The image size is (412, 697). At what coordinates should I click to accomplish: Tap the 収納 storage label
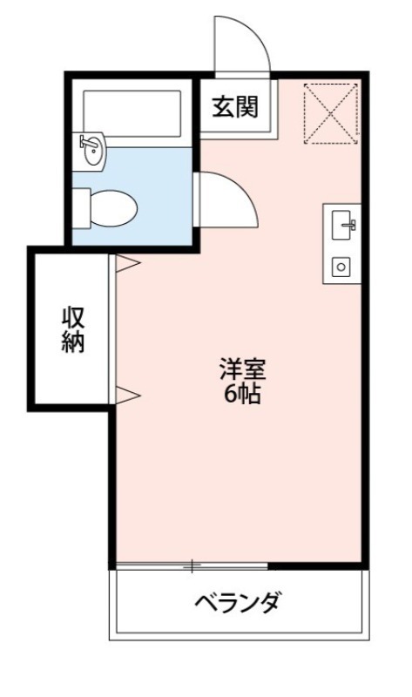point(73,329)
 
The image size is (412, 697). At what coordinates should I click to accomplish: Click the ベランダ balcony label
point(237,602)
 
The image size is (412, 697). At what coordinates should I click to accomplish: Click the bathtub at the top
point(132,112)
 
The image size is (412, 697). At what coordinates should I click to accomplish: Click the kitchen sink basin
point(342,226)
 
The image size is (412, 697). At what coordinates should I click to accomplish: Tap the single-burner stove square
point(342,266)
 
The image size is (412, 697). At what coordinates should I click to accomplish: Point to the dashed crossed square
point(330,113)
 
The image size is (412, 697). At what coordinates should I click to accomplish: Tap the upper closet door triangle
point(127,261)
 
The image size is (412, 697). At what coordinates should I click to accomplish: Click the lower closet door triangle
point(127,395)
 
